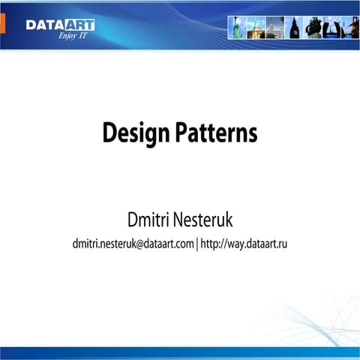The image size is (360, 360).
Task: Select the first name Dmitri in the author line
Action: click(x=155, y=220)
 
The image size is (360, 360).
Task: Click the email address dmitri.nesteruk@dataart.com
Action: click(x=133, y=243)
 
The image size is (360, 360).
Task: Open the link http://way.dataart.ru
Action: click(x=244, y=243)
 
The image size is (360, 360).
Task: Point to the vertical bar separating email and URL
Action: click(x=197, y=243)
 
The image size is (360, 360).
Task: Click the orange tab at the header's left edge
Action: click(x=3, y=23)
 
